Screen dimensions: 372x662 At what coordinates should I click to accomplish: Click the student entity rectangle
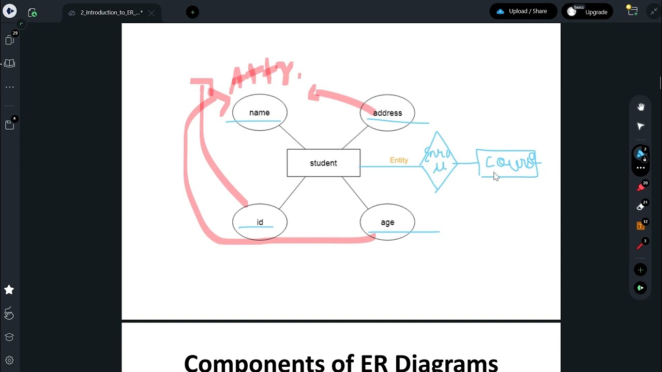click(323, 163)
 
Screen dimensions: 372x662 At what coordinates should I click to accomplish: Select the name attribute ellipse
click(259, 113)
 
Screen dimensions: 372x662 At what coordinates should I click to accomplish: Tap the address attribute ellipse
click(387, 113)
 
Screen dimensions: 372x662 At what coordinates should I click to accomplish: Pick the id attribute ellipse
click(260, 222)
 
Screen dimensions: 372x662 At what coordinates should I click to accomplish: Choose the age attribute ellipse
click(387, 222)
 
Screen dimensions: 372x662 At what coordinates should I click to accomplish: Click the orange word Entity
click(399, 160)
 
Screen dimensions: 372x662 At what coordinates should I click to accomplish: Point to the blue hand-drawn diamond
click(438, 162)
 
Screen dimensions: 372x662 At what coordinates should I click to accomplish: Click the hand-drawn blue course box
click(507, 163)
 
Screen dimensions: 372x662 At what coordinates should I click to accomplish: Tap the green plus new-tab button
click(192, 12)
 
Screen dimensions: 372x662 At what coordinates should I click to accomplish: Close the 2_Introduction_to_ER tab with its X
click(152, 13)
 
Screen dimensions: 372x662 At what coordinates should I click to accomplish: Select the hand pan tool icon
click(641, 107)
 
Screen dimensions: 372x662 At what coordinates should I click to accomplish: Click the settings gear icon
click(9, 360)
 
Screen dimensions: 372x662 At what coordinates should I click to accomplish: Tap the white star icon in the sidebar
click(9, 290)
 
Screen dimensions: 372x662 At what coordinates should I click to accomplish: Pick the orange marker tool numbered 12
click(640, 226)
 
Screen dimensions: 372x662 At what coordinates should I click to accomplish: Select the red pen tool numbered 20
click(640, 187)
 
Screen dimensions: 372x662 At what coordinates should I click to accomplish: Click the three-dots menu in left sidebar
click(9, 87)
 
